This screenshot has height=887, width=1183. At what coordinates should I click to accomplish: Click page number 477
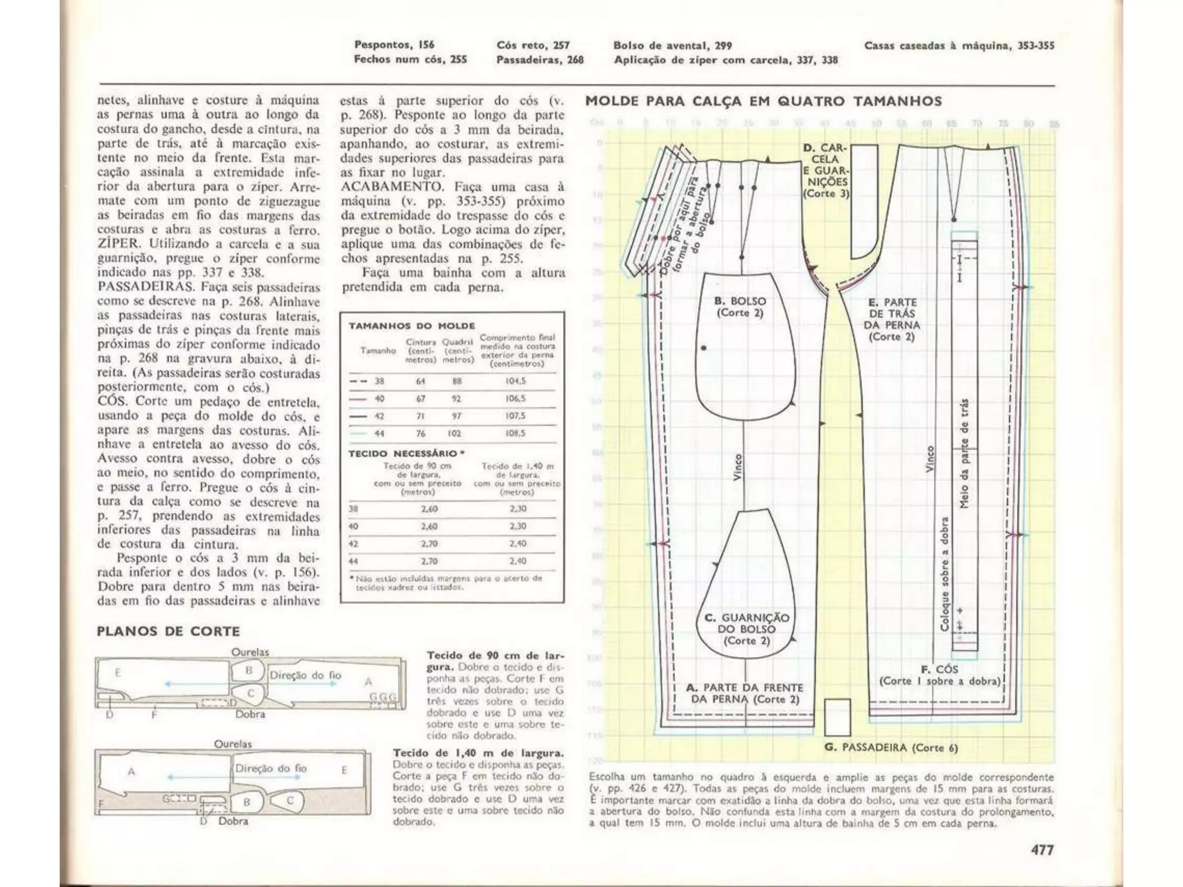(1042, 849)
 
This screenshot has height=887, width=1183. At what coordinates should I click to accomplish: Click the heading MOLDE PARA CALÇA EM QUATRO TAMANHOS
(763, 102)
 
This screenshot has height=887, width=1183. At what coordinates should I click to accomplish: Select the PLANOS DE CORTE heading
(168, 631)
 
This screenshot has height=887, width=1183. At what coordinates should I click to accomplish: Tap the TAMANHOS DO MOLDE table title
(412, 326)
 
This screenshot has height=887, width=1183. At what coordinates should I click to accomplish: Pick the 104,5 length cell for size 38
(514, 381)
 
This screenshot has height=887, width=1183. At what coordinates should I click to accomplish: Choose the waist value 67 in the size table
(421, 398)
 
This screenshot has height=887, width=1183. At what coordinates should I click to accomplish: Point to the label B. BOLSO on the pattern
(740, 307)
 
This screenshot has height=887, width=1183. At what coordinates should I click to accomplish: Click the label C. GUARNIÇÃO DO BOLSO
(747, 629)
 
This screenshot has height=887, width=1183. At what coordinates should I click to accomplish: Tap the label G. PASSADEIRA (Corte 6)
(891, 748)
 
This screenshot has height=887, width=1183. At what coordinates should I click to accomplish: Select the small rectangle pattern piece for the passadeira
(837, 717)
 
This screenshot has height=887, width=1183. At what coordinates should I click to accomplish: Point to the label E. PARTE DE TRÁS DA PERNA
(892, 319)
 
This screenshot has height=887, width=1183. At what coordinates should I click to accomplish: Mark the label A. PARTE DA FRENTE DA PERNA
(745, 693)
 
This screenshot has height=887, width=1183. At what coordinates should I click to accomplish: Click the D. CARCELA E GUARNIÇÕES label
(826, 170)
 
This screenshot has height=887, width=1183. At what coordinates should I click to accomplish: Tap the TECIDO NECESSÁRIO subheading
(406, 453)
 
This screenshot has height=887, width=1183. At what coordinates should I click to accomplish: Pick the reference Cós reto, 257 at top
(533, 45)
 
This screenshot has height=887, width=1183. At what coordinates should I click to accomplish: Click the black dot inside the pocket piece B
(704, 348)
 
